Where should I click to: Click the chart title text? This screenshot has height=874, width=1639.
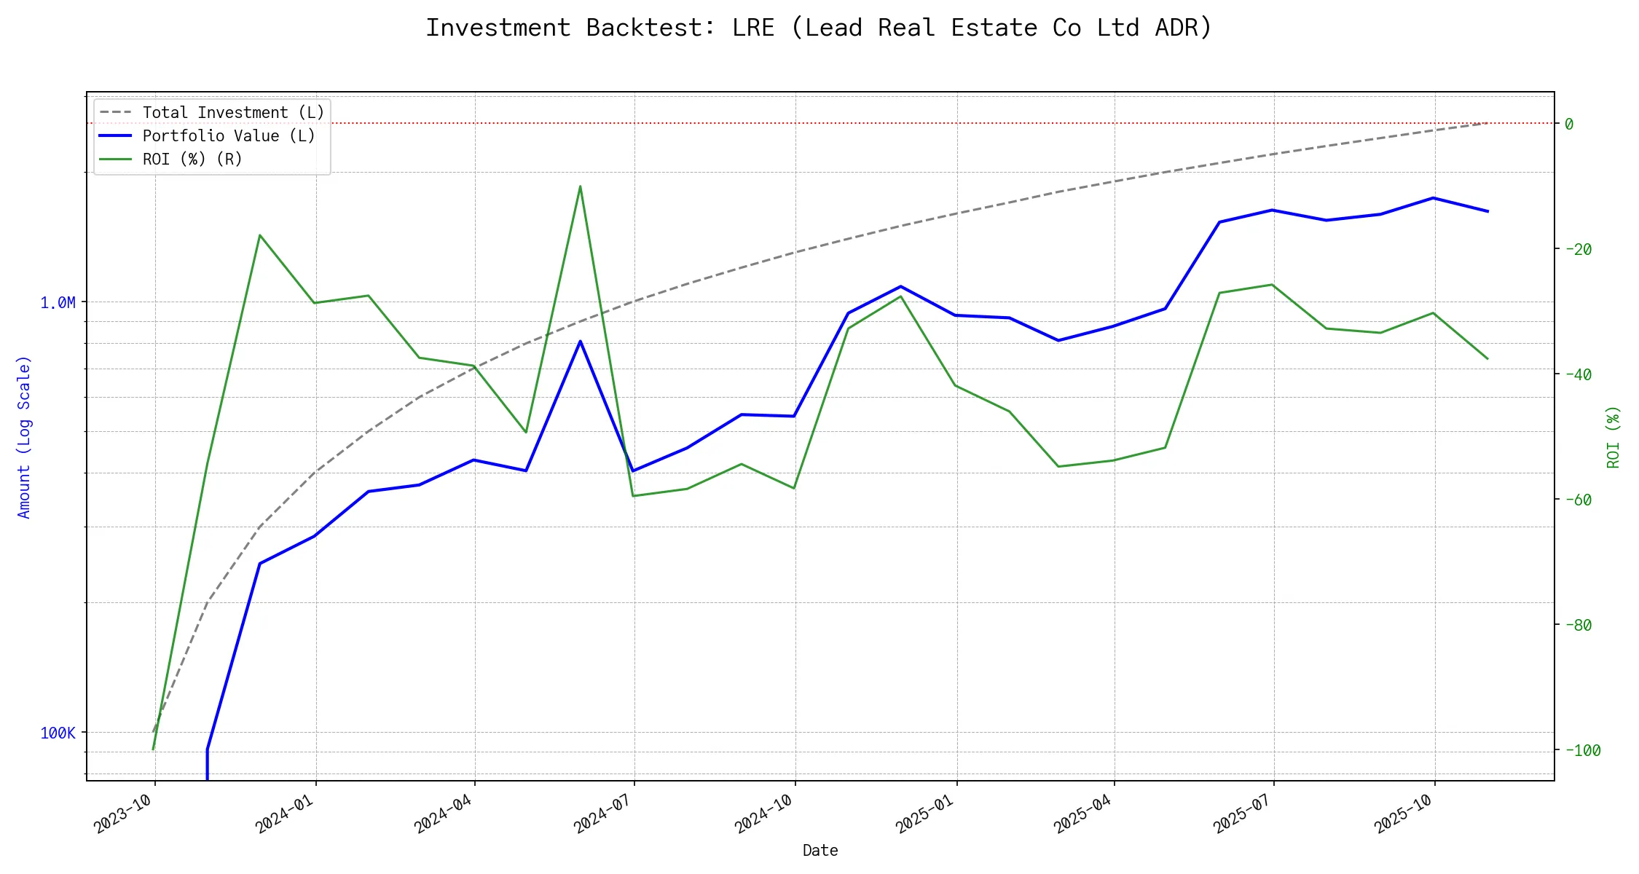coord(819,28)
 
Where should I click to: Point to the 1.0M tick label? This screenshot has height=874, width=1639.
coord(58,303)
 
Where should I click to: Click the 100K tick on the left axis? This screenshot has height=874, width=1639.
coord(58,733)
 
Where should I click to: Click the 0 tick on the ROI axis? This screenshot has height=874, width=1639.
coord(1569,124)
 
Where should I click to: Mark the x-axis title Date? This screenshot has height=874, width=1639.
coord(820,851)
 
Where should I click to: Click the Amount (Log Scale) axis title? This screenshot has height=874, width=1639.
coord(24,437)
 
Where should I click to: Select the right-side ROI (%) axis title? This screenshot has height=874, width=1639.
coord(1614,437)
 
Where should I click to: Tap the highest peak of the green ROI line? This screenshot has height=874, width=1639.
coord(580,186)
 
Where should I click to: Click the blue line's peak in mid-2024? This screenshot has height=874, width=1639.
coord(580,341)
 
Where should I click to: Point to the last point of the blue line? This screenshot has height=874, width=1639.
coord(1487,211)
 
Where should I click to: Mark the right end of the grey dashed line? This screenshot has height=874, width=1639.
coord(1487,123)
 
